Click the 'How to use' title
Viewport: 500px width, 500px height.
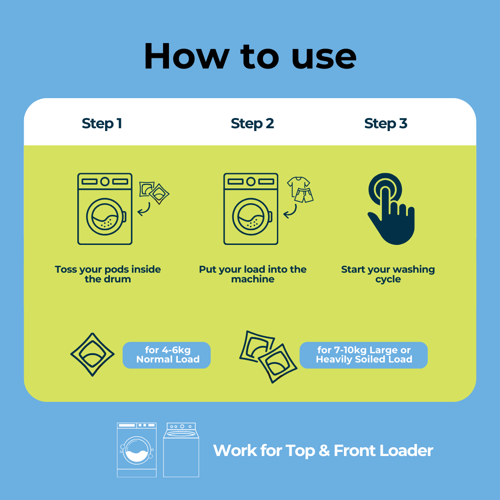tap(250, 56)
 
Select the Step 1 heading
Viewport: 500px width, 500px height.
tap(102, 124)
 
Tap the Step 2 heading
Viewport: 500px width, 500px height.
tap(252, 124)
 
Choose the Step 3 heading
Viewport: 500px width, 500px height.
tap(386, 124)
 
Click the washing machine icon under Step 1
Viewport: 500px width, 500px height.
tap(105, 209)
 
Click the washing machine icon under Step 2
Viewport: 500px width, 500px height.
tap(251, 209)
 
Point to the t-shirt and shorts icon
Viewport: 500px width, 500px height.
tap(300, 189)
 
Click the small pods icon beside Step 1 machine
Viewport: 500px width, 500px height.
tap(154, 192)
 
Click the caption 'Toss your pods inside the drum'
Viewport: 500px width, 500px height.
tap(108, 274)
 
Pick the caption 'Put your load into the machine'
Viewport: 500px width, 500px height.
tap(253, 274)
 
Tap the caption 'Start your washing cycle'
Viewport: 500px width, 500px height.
tap(388, 274)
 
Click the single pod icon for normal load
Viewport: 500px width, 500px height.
tap(93, 355)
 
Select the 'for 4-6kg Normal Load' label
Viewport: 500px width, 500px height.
tap(167, 355)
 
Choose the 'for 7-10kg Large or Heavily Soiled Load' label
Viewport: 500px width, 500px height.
tap(364, 355)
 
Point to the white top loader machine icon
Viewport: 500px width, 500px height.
tap(181, 450)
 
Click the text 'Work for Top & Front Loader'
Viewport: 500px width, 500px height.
tap(323, 450)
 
